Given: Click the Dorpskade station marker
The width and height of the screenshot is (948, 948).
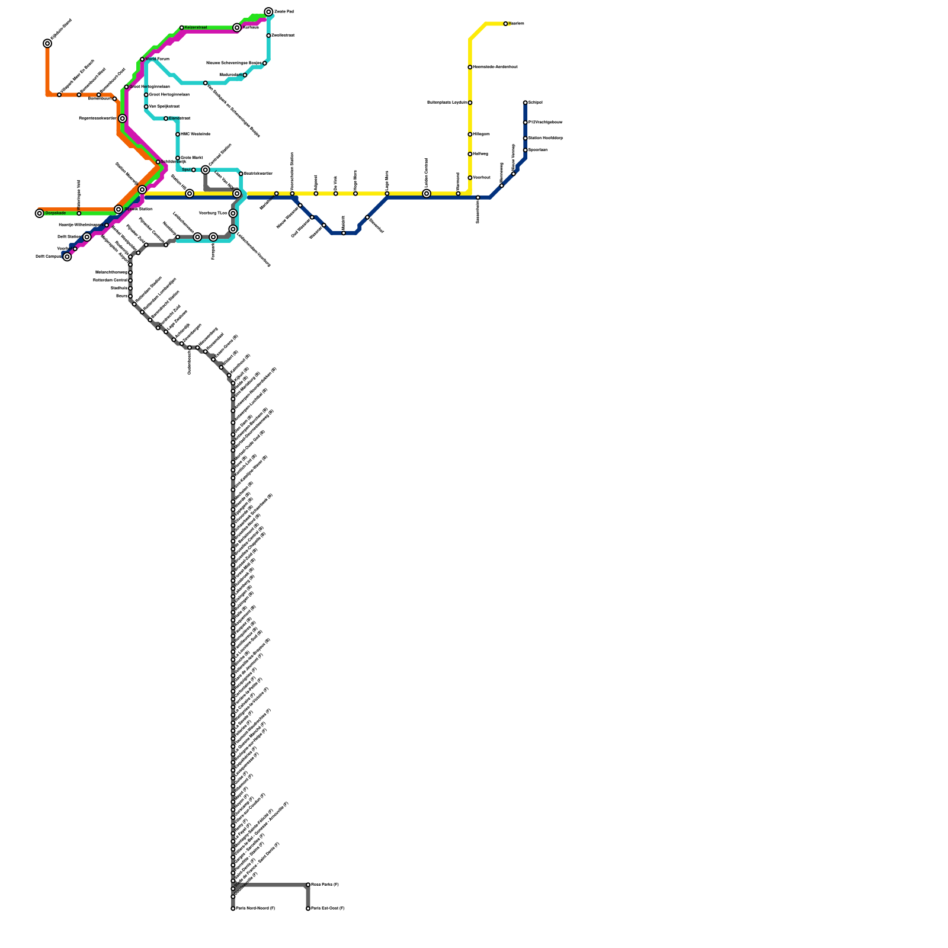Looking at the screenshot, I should pyautogui.click(x=40, y=213).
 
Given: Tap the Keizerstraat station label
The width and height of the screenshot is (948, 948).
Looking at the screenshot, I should pyautogui.click(x=196, y=28).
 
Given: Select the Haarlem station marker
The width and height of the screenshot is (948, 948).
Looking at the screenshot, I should pyautogui.click(x=505, y=24).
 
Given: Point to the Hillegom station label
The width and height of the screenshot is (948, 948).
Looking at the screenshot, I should pyautogui.click(x=482, y=134).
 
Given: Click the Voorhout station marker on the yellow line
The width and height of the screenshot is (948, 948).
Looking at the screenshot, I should pyautogui.click(x=470, y=178).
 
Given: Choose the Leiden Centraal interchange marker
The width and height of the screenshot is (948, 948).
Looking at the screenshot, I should pyautogui.click(x=427, y=194).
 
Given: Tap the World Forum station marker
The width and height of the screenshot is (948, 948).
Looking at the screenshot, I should pyautogui.click(x=142, y=59).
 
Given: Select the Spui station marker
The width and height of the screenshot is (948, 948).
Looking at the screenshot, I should pyautogui.click(x=194, y=170).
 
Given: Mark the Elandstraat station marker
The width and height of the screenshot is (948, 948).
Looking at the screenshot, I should pyautogui.click(x=166, y=118).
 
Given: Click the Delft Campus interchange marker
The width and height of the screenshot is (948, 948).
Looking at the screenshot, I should pyautogui.click(x=67, y=257).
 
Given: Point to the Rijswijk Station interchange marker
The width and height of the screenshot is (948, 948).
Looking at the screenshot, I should pyautogui.click(x=118, y=209).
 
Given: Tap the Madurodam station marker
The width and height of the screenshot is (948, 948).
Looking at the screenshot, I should pyautogui.click(x=245, y=75).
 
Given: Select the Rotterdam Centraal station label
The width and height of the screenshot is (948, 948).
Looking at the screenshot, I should pyautogui.click(x=110, y=280).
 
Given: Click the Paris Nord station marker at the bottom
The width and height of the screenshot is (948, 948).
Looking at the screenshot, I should pyautogui.click(x=233, y=908).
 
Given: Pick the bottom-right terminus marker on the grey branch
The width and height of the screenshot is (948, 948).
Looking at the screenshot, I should pyautogui.click(x=308, y=908).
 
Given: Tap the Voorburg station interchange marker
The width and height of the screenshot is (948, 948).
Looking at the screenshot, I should pyautogui.click(x=233, y=213).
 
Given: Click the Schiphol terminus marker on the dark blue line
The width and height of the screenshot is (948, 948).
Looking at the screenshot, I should pyautogui.click(x=526, y=103).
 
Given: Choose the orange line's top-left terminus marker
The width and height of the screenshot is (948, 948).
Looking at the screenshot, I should pyautogui.click(x=47, y=43).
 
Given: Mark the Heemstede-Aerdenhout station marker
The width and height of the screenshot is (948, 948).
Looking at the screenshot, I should pyautogui.click(x=470, y=67).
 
